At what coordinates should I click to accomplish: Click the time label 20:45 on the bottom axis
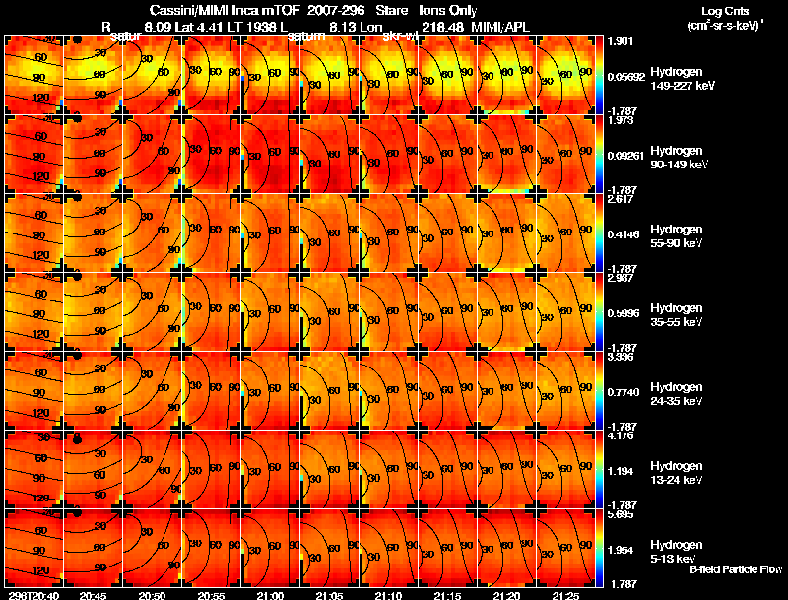point(93,595)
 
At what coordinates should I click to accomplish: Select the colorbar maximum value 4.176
point(622,434)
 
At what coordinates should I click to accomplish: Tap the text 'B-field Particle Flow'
point(735,569)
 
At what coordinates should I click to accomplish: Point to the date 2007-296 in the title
point(334,10)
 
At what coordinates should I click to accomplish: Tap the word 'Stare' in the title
point(392,10)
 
